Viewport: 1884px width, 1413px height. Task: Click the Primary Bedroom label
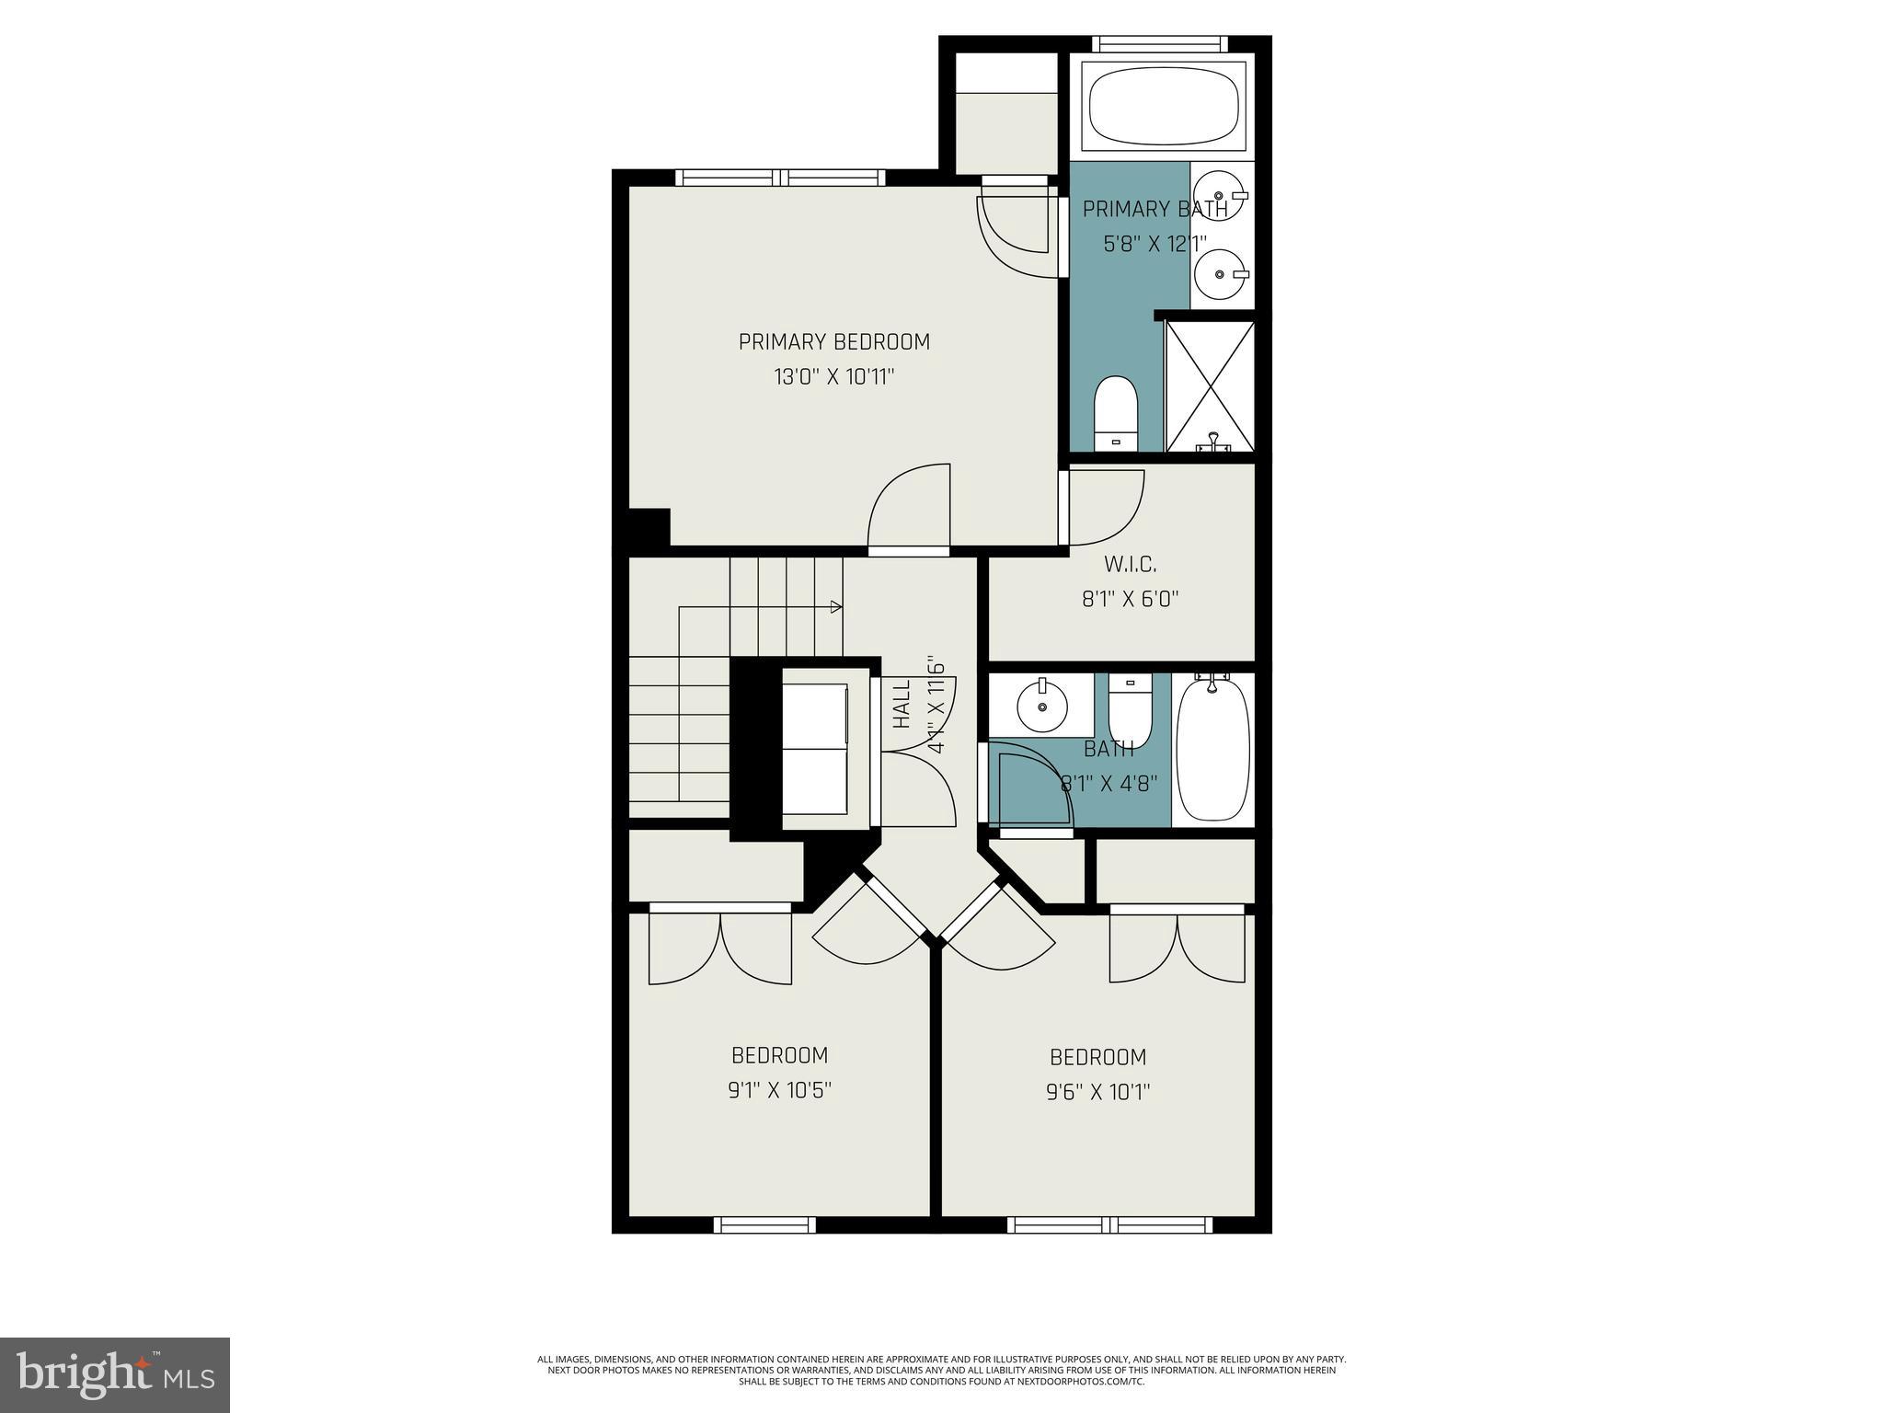click(x=833, y=342)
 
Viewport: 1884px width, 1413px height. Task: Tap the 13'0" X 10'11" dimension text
click(x=833, y=377)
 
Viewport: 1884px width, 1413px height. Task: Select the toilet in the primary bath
click(x=1116, y=414)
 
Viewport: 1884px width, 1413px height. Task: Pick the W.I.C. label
click(x=1130, y=564)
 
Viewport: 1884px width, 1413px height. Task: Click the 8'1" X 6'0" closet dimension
click(x=1130, y=600)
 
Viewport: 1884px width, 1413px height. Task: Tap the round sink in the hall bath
click(x=1042, y=707)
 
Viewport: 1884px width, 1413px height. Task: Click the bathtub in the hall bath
click(x=1212, y=748)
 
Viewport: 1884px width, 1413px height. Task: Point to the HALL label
click(x=902, y=704)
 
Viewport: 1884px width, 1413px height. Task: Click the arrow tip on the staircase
click(x=837, y=606)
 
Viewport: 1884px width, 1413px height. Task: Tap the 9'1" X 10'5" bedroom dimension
click(x=779, y=1091)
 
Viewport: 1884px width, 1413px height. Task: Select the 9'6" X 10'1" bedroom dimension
click(x=1097, y=1093)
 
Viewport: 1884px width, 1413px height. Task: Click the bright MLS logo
click(x=114, y=1375)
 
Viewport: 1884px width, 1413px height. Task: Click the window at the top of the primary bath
click(x=1159, y=43)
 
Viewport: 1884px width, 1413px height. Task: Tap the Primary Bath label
click(x=1154, y=210)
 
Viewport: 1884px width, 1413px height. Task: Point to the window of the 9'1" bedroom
click(x=764, y=1224)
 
